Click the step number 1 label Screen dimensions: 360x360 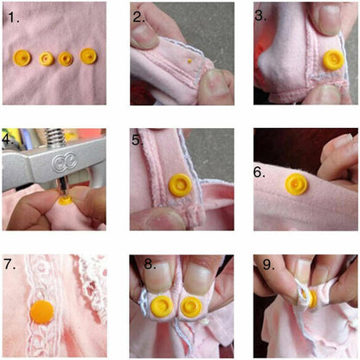tap(13, 17)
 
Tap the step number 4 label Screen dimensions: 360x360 tap(7, 139)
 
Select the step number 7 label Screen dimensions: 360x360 tap(10, 264)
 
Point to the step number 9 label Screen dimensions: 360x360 tap(268, 265)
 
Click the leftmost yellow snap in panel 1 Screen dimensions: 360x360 tap(22, 58)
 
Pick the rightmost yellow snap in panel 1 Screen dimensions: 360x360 tap(88, 56)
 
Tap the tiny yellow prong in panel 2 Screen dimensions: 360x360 tap(190, 61)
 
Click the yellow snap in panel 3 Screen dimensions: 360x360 tap(333, 60)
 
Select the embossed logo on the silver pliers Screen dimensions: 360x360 tap(64, 162)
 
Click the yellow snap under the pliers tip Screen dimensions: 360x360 tap(66, 200)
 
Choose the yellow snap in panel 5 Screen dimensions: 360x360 tap(180, 185)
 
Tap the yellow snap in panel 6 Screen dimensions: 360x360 tap(296, 184)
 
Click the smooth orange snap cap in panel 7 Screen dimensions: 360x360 tap(42, 312)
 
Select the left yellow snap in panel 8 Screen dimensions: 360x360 tap(162, 306)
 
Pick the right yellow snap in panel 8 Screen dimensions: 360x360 tap(190, 307)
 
